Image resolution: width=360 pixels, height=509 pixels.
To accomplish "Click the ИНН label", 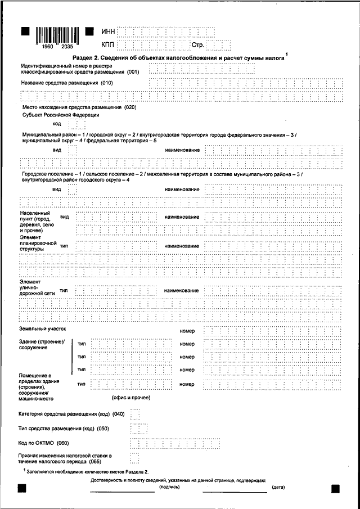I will click(x=109, y=31).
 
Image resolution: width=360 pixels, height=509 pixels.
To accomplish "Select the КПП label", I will click(x=109, y=43).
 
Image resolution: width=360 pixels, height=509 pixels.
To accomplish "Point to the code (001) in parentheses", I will click(x=133, y=73).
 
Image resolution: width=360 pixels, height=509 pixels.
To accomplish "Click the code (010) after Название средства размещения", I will click(x=107, y=83).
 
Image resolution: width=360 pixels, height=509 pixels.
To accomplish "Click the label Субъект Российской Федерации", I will click(x=61, y=115).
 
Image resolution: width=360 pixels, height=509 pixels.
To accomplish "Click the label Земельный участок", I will click(x=43, y=327).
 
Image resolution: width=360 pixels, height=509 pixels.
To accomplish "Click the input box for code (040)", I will click(x=134, y=415).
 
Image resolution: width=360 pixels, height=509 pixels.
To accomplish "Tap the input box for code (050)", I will click(x=134, y=429).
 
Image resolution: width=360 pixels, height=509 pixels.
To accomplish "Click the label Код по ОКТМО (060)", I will click(x=47, y=443).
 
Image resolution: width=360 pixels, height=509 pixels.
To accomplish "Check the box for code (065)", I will click(x=134, y=457).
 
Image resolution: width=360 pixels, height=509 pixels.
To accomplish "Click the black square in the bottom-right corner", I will click(x=335, y=489).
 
